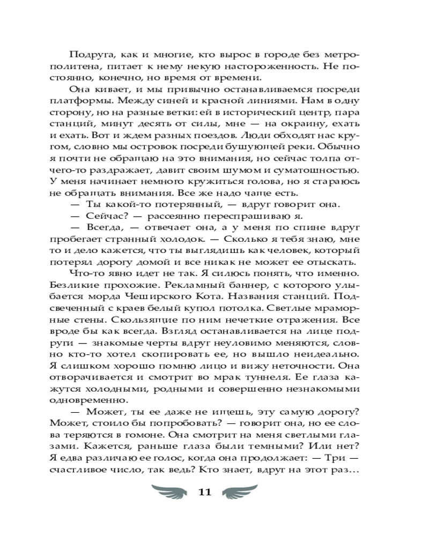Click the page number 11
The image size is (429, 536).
click(205, 494)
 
